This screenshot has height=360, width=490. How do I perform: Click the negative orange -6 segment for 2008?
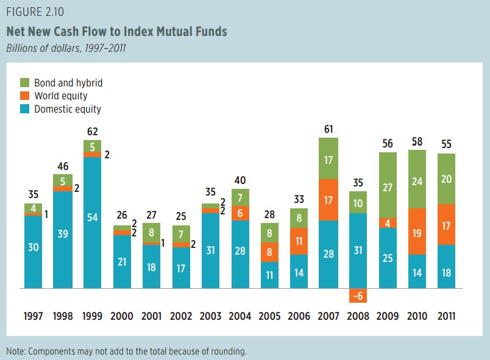pos(358,295)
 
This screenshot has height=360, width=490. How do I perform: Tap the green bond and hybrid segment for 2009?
pos(388,185)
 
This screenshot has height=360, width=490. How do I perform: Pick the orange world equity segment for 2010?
pos(417,231)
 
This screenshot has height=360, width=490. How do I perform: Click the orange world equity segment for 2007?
pos(328,199)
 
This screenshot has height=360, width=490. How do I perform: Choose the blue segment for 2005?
pos(269,275)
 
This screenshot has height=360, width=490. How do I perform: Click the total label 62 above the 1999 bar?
pos(92,131)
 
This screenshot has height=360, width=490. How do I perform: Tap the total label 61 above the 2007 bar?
pos(328,129)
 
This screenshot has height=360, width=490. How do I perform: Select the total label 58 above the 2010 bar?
pos(417,142)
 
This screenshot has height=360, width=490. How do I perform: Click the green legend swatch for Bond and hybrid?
pos(25,82)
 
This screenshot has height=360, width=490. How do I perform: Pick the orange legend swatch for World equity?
pos(25,96)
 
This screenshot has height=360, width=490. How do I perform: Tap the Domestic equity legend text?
pos(68,110)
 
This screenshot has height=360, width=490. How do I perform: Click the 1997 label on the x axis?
pos(34,316)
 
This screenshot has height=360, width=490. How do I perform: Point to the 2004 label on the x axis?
pos(240,316)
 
